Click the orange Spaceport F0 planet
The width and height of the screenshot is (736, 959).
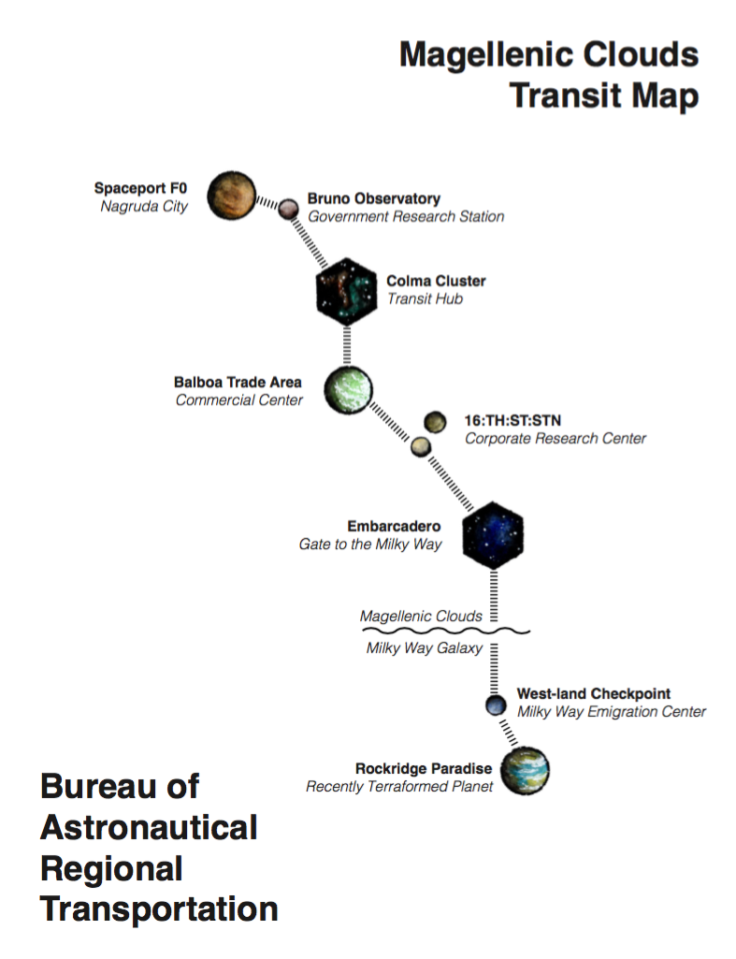[232, 196]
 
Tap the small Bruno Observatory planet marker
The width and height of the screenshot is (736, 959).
[289, 210]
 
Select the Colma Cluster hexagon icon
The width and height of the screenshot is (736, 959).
[347, 291]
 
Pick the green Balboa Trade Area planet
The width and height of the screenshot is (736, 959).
[348, 390]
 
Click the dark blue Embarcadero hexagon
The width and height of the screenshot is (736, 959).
[493, 535]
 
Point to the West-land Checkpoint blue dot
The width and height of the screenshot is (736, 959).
[496, 705]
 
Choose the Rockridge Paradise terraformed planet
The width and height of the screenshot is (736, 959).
[525, 771]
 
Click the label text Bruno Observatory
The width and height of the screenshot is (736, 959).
[374, 198]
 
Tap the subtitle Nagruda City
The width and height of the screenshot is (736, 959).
[144, 207]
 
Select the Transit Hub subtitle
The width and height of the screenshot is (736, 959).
[425, 299]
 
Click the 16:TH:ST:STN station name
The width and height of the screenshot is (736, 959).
[512, 421]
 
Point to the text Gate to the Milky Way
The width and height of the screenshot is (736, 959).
[370, 545]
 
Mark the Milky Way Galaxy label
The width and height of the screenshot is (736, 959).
[425, 648]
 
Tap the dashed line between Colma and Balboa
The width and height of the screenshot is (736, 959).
[347, 345]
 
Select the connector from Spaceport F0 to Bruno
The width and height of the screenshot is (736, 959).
[267, 202]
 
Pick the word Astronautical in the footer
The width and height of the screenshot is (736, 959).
[149, 828]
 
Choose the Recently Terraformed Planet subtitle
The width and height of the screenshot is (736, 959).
[399, 787]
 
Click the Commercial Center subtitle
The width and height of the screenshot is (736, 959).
[239, 400]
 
